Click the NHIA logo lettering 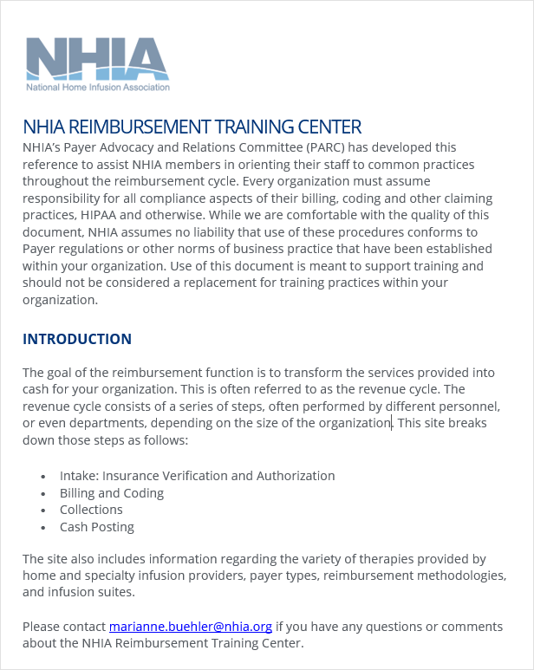coord(97,58)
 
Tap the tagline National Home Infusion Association coord(98,88)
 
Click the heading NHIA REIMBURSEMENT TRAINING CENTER coord(192,127)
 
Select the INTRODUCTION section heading coord(77,339)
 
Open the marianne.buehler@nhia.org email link coord(191,626)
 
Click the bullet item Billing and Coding coord(112,493)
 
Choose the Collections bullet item coord(91,510)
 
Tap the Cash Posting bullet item coord(97,527)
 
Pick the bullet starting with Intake coord(197,476)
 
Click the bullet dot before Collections coord(43,511)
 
